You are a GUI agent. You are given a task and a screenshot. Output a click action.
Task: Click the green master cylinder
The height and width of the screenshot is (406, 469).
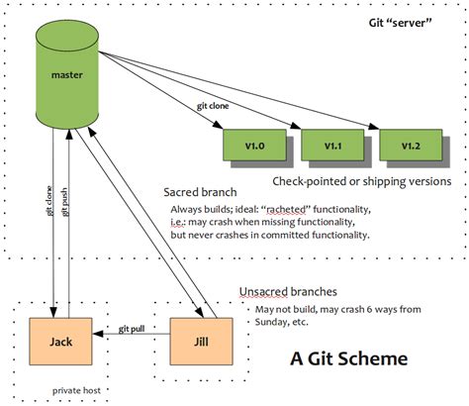(67, 75)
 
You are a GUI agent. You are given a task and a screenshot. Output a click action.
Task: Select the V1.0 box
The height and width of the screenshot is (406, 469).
(254, 146)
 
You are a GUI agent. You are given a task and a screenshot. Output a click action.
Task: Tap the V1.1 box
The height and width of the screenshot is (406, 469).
(332, 146)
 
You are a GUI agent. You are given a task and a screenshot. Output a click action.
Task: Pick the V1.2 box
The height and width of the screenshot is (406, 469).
(411, 146)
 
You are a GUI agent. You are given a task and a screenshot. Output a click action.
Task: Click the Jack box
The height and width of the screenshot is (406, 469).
(60, 342)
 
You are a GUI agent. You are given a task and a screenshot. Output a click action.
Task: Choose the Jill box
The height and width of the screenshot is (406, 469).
(201, 342)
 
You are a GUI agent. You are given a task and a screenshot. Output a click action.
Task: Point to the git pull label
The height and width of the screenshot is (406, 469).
(132, 329)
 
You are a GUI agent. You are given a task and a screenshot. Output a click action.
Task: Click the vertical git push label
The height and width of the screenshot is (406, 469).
(65, 202)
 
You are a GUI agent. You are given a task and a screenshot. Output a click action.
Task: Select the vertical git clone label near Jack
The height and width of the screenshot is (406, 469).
(49, 201)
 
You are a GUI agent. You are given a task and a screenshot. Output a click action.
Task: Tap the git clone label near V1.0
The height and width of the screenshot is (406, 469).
(213, 106)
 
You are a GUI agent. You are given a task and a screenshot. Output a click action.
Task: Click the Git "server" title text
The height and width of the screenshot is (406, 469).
(401, 23)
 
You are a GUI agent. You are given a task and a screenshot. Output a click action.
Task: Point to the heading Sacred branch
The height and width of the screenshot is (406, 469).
(200, 192)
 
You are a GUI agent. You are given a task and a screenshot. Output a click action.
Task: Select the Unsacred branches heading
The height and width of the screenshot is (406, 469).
(288, 292)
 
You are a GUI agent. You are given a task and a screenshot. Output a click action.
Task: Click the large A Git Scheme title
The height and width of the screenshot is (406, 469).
(349, 358)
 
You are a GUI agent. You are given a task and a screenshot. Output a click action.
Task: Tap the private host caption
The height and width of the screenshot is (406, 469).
(76, 391)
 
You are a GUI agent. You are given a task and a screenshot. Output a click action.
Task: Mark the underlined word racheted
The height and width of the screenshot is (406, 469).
(286, 210)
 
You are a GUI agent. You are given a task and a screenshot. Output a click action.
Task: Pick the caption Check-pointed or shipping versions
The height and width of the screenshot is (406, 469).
(362, 181)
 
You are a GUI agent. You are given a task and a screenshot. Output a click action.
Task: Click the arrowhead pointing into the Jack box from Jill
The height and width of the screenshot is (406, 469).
(98, 334)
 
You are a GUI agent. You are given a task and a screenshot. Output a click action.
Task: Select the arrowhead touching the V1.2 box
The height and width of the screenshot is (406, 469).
(374, 127)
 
